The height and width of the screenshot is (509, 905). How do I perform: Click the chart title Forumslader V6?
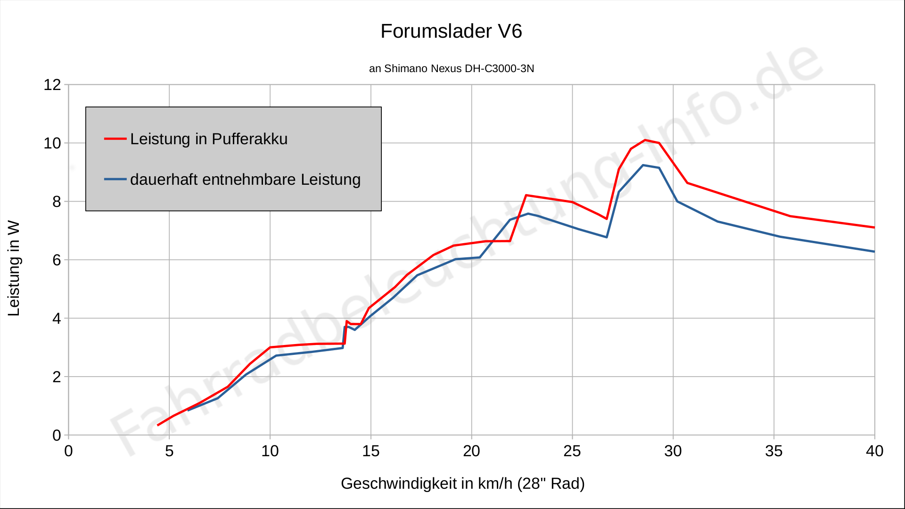(451, 32)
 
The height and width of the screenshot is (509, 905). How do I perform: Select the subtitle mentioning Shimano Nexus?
(451, 69)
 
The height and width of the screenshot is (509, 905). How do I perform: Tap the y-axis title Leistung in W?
(14, 268)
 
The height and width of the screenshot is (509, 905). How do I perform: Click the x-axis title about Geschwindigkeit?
(462, 484)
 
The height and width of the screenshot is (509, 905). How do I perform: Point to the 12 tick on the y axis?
(52, 85)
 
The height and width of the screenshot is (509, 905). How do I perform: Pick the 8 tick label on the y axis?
(57, 202)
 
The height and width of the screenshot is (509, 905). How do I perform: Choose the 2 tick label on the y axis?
(57, 377)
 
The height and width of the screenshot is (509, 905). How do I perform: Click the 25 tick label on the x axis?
(572, 452)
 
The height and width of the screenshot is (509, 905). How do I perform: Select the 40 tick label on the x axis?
(874, 452)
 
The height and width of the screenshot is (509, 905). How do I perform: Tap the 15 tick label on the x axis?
(370, 452)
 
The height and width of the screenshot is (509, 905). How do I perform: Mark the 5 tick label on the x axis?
(169, 452)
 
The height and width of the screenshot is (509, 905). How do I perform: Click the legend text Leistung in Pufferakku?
(209, 139)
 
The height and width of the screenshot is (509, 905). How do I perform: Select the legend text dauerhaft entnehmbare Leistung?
(245, 180)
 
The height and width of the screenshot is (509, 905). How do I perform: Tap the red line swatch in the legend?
(115, 139)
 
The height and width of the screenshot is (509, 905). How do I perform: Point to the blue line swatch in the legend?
(115, 180)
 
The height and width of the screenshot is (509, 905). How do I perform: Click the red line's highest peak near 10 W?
(645, 140)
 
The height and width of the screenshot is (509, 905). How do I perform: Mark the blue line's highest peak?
(643, 165)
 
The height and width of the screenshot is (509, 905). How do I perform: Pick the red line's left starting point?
(158, 425)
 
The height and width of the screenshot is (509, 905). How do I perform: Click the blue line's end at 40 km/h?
(874, 252)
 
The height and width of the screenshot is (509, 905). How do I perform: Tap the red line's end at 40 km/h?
(874, 228)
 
